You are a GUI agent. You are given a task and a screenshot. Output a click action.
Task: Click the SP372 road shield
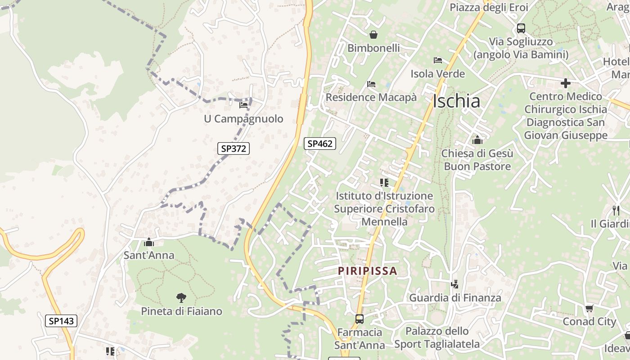(x=234, y=148)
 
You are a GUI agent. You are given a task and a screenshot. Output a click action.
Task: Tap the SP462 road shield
(x=320, y=144)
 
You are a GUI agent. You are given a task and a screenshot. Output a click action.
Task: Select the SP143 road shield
(x=61, y=321)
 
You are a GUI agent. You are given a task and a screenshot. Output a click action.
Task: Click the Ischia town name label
(x=456, y=101)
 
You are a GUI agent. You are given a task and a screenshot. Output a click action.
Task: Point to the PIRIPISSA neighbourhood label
(x=368, y=271)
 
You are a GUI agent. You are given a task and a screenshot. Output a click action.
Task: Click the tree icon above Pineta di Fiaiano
(x=181, y=297)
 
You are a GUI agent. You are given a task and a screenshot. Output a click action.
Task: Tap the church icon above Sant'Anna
(x=149, y=243)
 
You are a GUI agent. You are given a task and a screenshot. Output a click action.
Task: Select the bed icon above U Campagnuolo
(x=243, y=105)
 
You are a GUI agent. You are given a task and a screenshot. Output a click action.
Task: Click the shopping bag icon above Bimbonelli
(x=373, y=35)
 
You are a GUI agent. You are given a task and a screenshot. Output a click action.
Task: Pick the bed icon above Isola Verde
(x=438, y=60)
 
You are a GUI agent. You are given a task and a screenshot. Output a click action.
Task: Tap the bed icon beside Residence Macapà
(x=371, y=84)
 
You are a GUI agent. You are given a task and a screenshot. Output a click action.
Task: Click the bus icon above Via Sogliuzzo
(x=521, y=28)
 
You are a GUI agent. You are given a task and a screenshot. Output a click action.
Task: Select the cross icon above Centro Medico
(x=566, y=83)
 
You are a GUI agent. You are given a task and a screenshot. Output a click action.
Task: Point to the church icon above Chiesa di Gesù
(x=477, y=140)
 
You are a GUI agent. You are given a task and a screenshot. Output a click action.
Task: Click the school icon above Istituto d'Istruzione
(x=384, y=182)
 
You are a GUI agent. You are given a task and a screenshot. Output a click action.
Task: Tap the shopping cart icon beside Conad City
(x=589, y=308)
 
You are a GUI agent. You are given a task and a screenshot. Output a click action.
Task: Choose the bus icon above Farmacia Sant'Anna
(x=360, y=319)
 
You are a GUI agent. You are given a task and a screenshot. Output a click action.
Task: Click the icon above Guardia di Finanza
(x=455, y=284)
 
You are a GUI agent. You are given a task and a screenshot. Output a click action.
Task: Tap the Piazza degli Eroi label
(x=489, y=7)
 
